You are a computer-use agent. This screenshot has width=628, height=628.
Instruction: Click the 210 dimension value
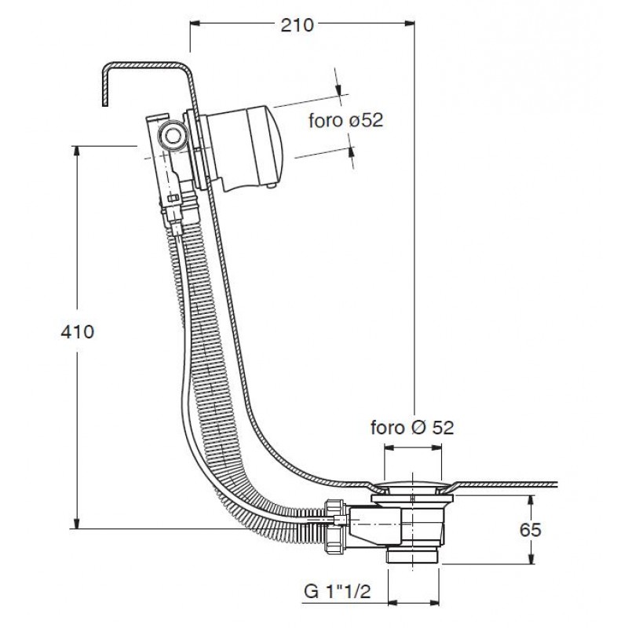pyautogui.click(x=297, y=25)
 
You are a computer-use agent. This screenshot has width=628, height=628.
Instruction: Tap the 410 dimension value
pyautogui.click(x=77, y=331)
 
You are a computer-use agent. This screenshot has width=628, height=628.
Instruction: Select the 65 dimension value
pyautogui.click(x=531, y=530)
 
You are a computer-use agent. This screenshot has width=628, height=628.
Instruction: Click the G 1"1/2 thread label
pyautogui.click(x=338, y=591)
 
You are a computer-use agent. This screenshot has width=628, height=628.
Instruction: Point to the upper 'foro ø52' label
pyautogui.click(x=346, y=120)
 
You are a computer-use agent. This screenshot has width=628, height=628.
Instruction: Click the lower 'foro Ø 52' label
pyautogui.click(x=412, y=428)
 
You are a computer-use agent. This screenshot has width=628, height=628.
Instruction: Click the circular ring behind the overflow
pyautogui.click(x=173, y=136)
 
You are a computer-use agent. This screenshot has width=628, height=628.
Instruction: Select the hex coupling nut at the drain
pyautogui.click(x=335, y=526)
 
